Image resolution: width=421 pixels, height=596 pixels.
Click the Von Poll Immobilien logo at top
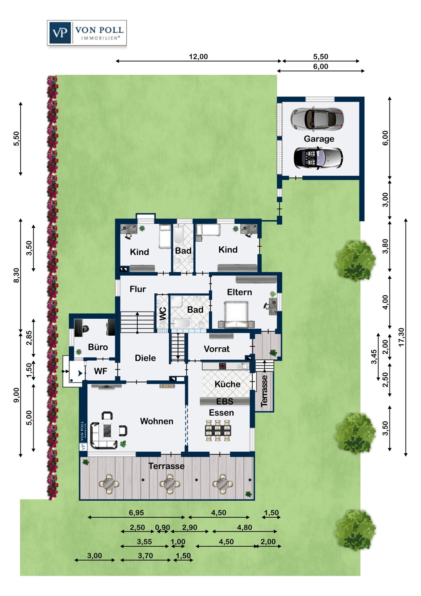(87, 33)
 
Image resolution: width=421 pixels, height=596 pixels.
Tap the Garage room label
(319, 139)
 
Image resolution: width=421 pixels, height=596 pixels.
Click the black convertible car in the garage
(318, 157)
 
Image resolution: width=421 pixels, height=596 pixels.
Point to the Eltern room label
(239, 292)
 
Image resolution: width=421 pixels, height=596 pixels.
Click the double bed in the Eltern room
(236, 314)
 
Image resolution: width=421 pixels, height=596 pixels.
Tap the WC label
(163, 314)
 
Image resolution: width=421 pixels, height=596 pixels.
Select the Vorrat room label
(216, 349)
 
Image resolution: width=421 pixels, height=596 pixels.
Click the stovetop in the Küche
(222, 366)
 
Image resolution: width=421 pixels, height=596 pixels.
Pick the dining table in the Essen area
(218, 430)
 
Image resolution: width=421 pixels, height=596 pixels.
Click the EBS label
(225, 401)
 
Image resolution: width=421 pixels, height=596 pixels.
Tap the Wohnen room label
(156, 421)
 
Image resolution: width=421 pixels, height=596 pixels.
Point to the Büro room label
(98, 347)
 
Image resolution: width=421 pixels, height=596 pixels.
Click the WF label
(100, 371)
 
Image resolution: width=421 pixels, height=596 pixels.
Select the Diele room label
(145, 358)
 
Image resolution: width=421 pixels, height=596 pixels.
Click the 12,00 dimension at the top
(199, 57)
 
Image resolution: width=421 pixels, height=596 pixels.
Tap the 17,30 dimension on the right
(401, 337)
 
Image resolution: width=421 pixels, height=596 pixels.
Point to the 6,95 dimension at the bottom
(136, 513)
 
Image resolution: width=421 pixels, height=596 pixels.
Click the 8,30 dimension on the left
(17, 275)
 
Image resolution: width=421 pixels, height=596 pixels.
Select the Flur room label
(138, 289)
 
